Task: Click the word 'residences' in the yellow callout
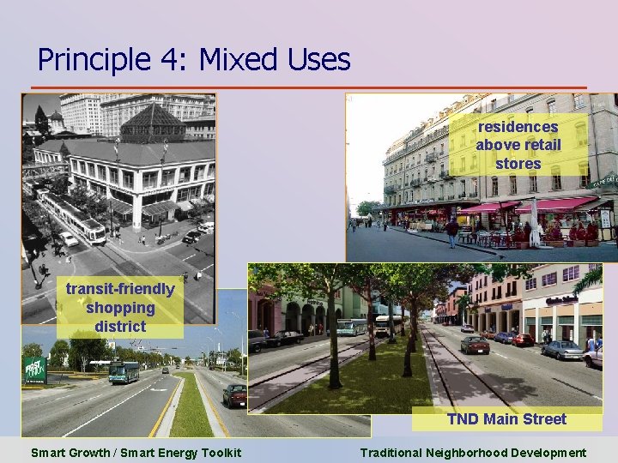point(518,127)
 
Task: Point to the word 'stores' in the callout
point(518,163)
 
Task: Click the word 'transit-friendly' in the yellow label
point(120,289)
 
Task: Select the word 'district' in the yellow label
point(120,327)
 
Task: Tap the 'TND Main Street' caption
point(506,419)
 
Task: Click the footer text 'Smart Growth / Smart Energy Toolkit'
point(136,453)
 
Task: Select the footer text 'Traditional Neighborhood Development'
point(473,453)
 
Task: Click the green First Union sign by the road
point(34,370)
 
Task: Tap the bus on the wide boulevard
point(124,372)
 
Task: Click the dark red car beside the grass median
point(234,395)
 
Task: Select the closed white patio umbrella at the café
point(535,221)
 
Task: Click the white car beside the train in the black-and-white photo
point(68,239)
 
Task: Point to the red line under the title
point(309,87)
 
